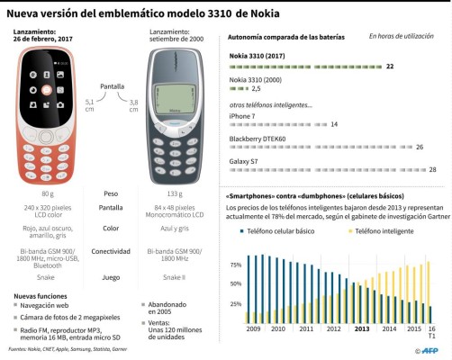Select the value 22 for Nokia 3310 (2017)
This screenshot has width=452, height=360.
[390, 67]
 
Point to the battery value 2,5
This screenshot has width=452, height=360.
[256, 89]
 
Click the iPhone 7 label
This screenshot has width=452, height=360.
[242, 115]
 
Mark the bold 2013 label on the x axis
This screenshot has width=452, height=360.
[361, 329]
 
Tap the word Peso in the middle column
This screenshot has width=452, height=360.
[112, 193]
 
